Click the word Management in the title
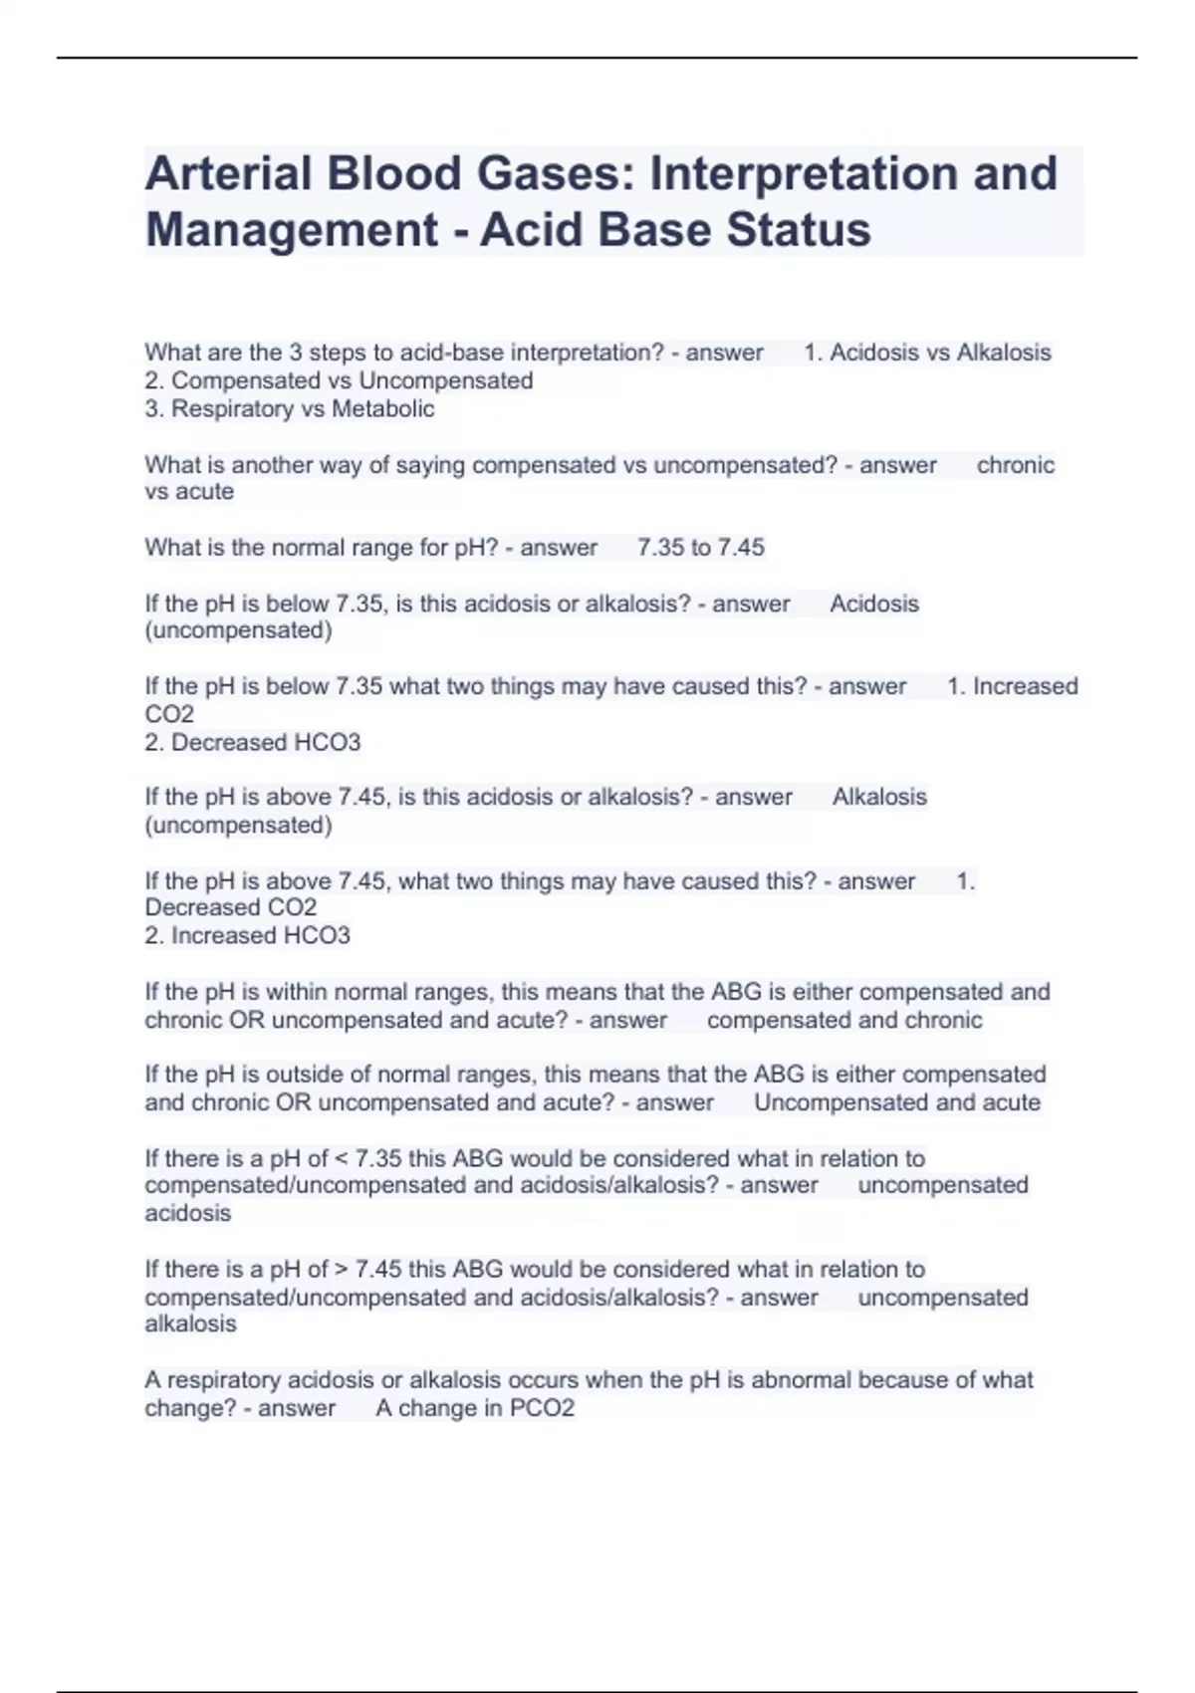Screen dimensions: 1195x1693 pyautogui.click(x=291, y=229)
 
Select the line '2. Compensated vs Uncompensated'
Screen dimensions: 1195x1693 pyautogui.click(x=339, y=380)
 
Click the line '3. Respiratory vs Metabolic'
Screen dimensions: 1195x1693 pyautogui.click(x=289, y=408)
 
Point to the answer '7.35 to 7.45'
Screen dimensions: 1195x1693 pyautogui.click(x=701, y=547)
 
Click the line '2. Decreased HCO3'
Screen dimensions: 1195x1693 pyautogui.click(x=252, y=742)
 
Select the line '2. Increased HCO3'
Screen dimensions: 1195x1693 pyautogui.click(x=247, y=935)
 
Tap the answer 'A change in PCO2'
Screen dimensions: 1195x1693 pyautogui.click(x=475, y=1408)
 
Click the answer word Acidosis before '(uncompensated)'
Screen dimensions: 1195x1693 pyautogui.click(x=874, y=604)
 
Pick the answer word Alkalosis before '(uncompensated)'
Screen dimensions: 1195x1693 pyautogui.click(x=879, y=797)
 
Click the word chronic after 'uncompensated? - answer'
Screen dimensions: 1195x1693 pyautogui.click(x=1015, y=465)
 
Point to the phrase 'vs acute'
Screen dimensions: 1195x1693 pyautogui.click(x=189, y=491)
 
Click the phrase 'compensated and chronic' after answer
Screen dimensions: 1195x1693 pyautogui.click(x=844, y=1020)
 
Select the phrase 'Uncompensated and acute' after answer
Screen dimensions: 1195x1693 pyautogui.click(x=896, y=1102)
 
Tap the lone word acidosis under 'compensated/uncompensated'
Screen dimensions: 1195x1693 pyautogui.click(x=187, y=1213)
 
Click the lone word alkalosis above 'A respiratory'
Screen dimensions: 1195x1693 pyautogui.click(x=190, y=1324)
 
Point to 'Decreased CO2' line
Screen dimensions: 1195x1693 pyautogui.click(x=230, y=907)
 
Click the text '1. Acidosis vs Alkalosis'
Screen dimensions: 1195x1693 pyautogui.click(x=927, y=353)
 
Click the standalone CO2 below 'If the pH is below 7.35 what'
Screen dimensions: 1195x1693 pyautogui.click(x=169, y=714)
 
